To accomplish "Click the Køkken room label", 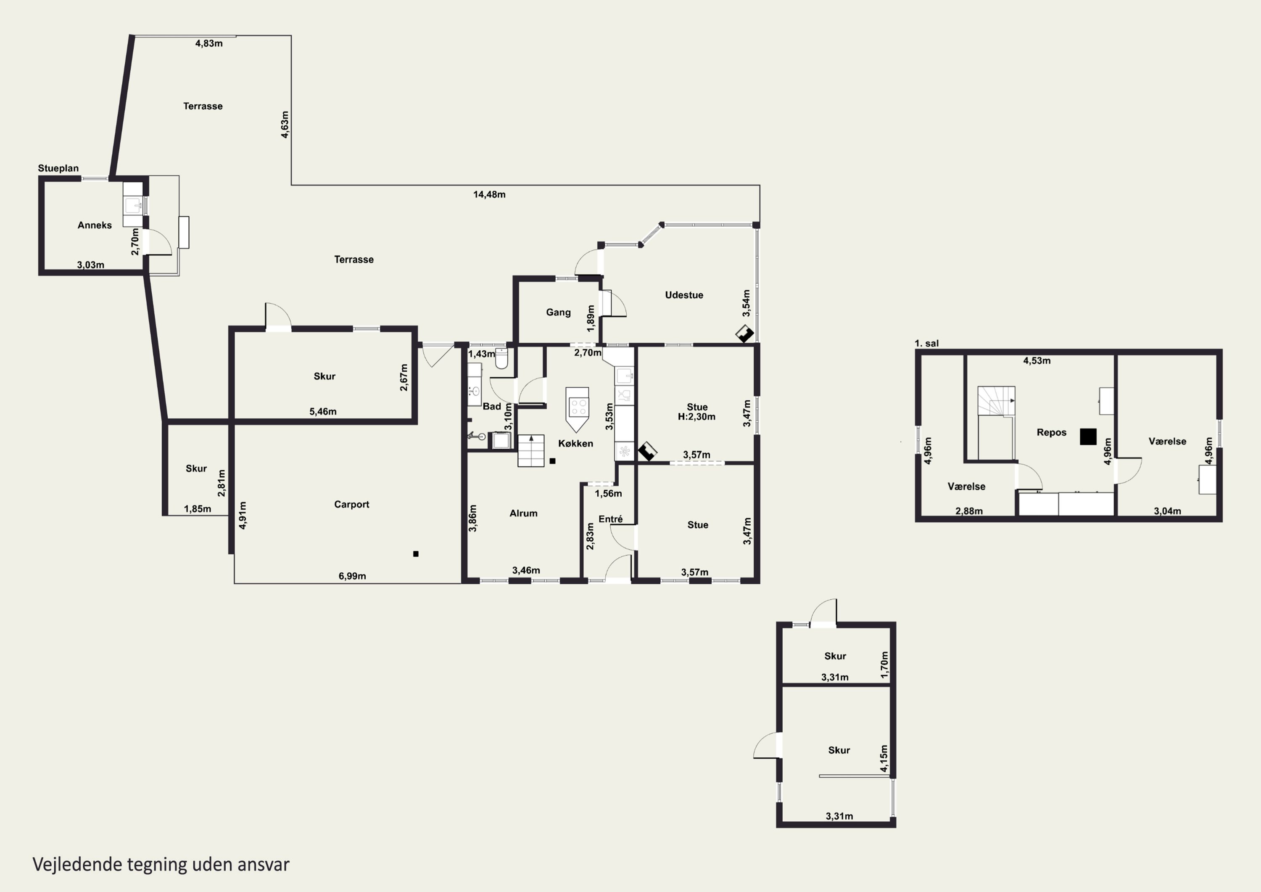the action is pyautogui.click(x=575, y=444).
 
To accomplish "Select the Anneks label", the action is pyautogui.click(x=95, y=225).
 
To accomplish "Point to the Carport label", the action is pyautogui.click(x=351, y=505).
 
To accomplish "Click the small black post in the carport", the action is pyautogui.click(x=416, y=554).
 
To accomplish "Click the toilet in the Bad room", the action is pyautogui.click(x=501, y=358).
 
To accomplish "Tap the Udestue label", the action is pyautogui.click(x=684, y=295).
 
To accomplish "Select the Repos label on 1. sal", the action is pyautogui.click(x=1051, y=432).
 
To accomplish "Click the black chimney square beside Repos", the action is pyautogui.click(x=1088, y=437).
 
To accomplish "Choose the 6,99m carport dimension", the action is pyautogui.click(x=352, y=576).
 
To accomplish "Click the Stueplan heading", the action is pyautogui.click(x=58, y=168).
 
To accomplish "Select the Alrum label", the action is pyautogui.click(x=523, y=513).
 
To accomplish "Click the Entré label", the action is pyautogui.click(x=611, y=519).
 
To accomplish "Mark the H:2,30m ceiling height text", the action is pyautogui.click(x=696, y=417).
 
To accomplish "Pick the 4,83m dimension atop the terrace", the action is pyautogui.click(x=209, y=43).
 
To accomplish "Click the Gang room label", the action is pyautogui.click(x=558, y=312).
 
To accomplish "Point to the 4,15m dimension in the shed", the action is pyautogui.click(x=884, y=758).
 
